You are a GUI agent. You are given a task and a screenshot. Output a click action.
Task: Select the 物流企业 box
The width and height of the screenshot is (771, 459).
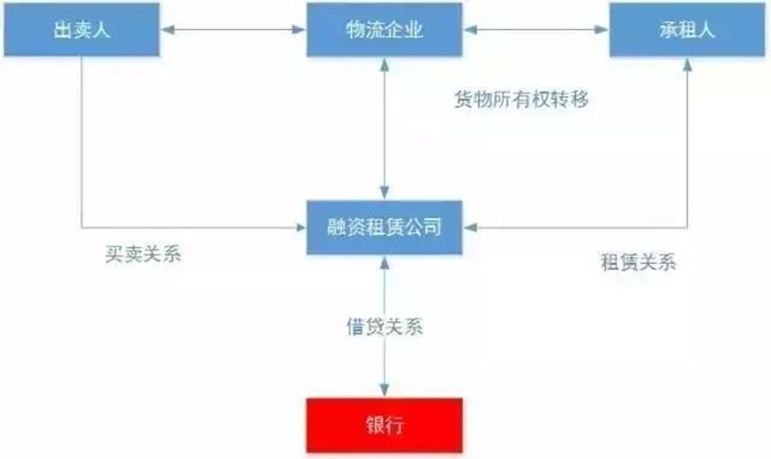coord(385,32)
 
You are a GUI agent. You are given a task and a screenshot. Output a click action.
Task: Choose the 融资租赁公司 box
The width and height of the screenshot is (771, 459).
coord(385,229)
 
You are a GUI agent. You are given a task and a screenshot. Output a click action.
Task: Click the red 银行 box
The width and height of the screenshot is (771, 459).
coord(385,425)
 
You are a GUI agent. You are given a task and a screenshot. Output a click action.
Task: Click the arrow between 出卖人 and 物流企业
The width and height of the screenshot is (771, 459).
coord(232,32)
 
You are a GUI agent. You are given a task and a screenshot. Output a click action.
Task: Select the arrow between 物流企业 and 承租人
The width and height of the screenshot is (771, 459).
coord(536,32)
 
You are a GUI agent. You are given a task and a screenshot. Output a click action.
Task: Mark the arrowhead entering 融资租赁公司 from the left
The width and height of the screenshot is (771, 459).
coord(301,229)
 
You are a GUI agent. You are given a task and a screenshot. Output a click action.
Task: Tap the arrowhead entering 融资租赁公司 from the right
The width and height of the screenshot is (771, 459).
coord(469,229)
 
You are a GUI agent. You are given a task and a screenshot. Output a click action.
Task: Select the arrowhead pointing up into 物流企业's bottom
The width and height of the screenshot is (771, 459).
coord(385,64)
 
